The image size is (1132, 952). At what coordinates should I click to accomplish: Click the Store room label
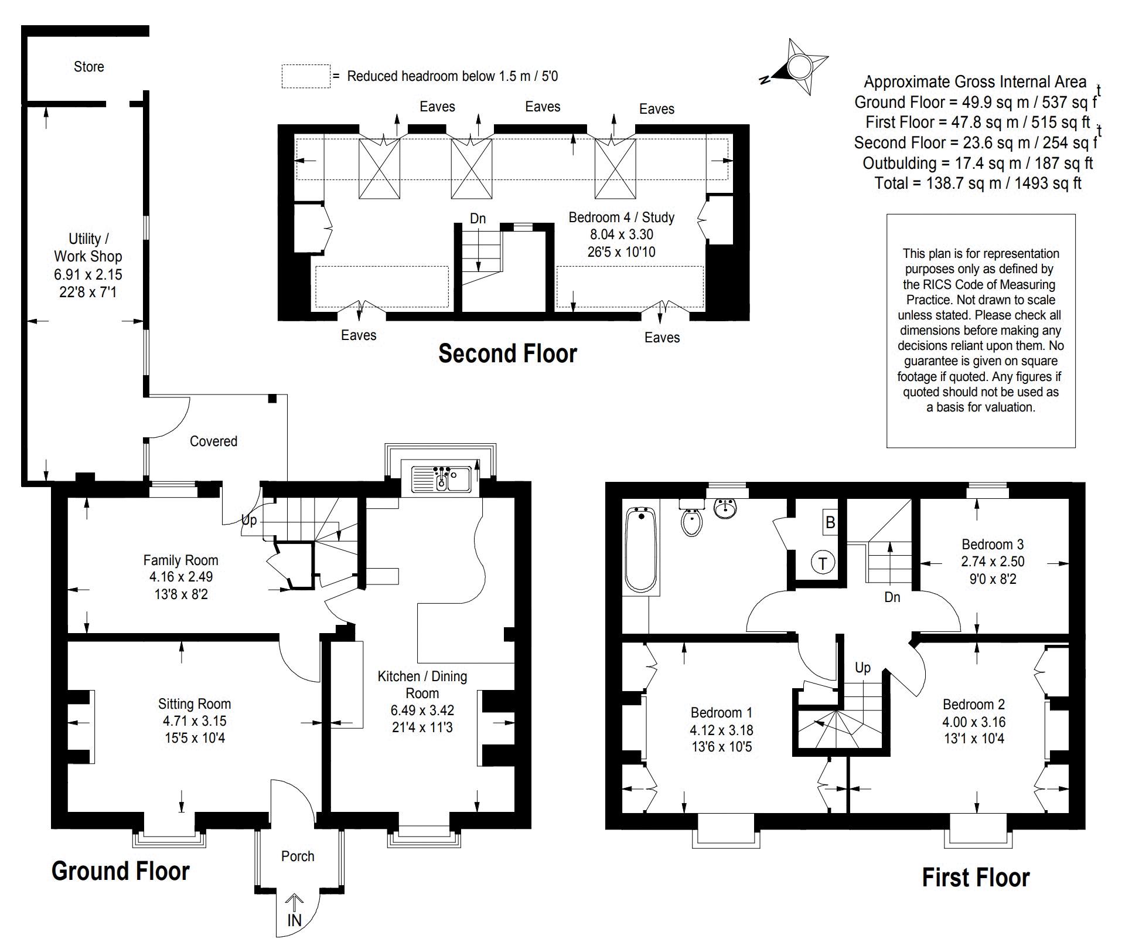pos(89,67)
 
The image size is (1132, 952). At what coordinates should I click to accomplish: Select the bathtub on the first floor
pos(641,549)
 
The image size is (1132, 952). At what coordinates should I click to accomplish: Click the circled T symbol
pos(823,563)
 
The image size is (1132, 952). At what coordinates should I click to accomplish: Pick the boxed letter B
pos(830,522)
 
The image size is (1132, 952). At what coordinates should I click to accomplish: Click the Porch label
pos(298,856)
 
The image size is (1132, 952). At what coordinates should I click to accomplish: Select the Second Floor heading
pos(508,353)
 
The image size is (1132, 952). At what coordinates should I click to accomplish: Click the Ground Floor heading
pos(121,871)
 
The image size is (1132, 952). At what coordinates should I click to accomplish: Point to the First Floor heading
pos(976,878)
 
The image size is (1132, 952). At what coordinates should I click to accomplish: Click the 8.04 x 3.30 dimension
pos(622,234)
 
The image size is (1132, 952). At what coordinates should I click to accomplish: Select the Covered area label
pos(213,441)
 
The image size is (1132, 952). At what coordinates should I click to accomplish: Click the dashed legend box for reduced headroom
pos(306,76)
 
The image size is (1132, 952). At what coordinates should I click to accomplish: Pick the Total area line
pos(978,183)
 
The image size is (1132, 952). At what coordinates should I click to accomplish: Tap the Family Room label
pos(180,560)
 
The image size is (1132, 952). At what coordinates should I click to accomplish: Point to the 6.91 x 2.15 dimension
pos(88,274)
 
